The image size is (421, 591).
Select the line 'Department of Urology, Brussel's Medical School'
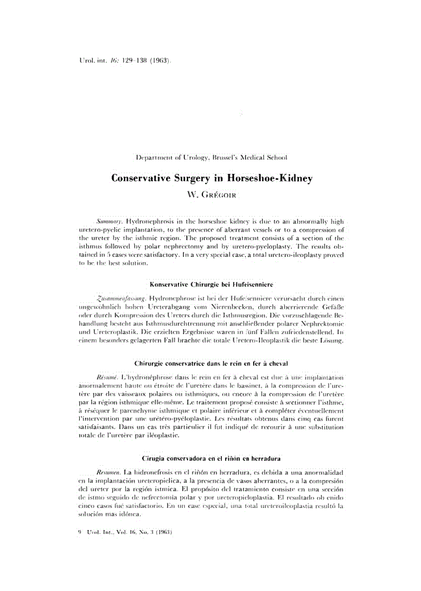tap(210, 157)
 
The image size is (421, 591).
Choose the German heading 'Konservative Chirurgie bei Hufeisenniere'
tap(210, 284)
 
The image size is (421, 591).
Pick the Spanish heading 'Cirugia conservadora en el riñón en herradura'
tap(210, 459)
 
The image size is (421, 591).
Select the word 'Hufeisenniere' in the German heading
tap(250, 284)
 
